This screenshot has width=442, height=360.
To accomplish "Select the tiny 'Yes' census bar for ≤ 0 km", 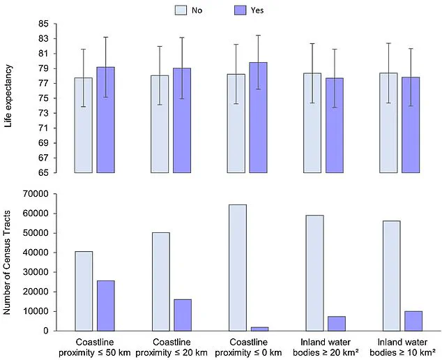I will pos(259,329).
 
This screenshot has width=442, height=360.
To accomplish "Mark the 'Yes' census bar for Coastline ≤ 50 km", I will pos(106,306).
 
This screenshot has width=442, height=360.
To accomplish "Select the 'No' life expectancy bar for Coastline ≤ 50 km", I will pos(84,126).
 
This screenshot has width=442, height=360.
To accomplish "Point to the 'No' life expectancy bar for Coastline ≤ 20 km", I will pos(160,124).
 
